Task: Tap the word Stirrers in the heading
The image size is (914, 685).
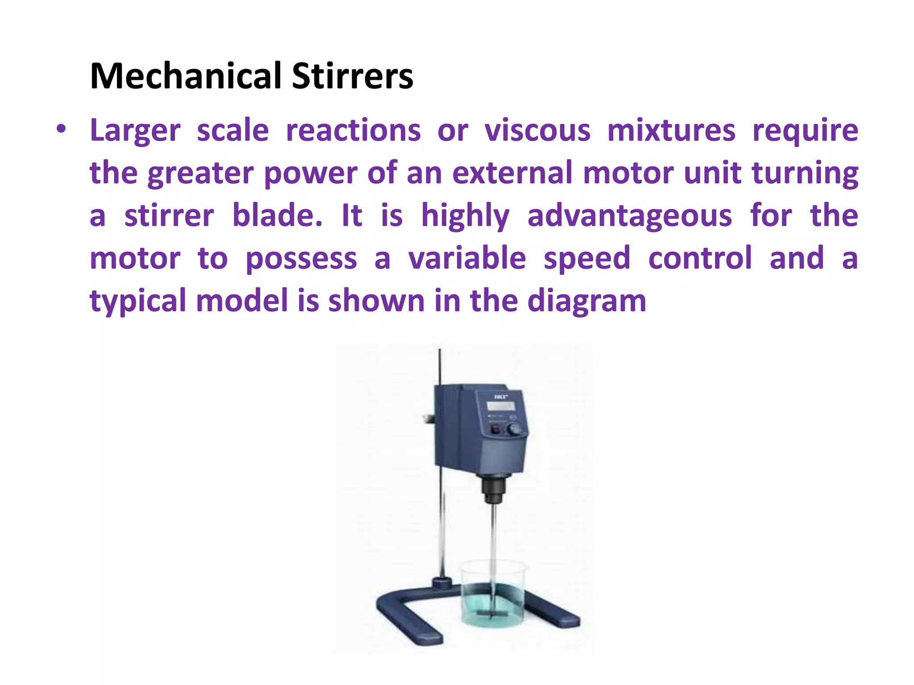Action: pos(353,76)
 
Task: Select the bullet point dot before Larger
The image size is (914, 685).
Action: pos(61,130)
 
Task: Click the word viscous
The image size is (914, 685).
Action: pos(537,131)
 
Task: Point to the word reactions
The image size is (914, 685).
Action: pos(353,131)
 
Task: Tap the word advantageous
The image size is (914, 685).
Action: pos(629,216)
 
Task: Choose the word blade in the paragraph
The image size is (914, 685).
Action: pos(277,216)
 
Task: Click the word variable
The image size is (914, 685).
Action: pos(467,258)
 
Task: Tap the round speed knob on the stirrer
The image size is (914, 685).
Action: pos(515,429)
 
